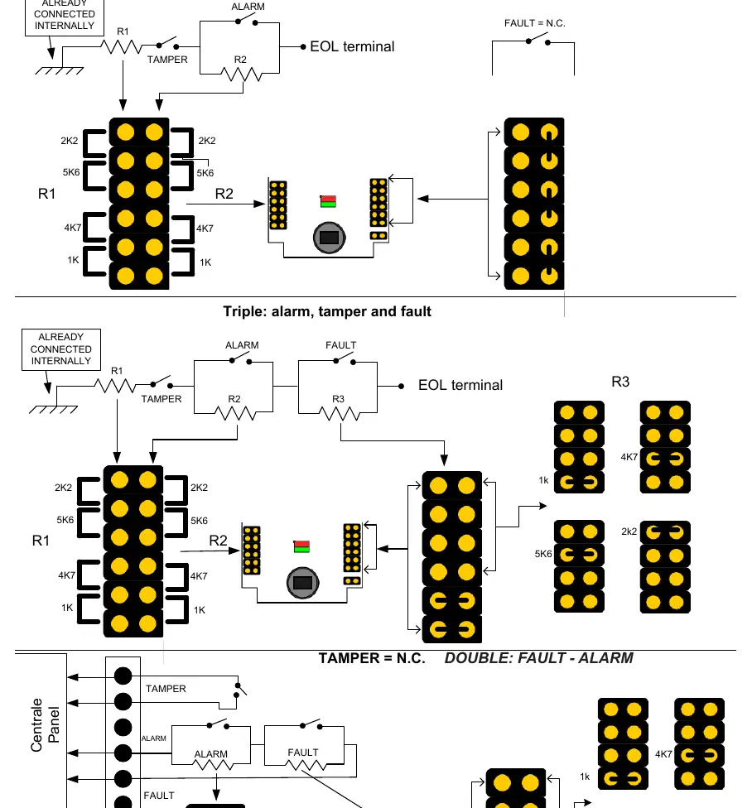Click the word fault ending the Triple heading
[416, 311]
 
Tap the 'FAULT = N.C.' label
[534, 23]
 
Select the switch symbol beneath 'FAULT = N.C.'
[538, 40]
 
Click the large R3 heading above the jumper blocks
[620, 382]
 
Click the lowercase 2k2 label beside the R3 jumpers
[629, 531]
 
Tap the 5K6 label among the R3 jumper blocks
[543, 554]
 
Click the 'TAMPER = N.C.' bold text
[372, 658]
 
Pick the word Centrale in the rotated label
[36, 725]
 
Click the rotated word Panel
[54, 725]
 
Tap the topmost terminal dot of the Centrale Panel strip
[123, 676]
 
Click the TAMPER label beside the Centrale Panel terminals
[166, 689]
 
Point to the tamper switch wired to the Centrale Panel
[239, 690]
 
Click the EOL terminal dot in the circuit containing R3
[401, 386]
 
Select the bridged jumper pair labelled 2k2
[665, 532]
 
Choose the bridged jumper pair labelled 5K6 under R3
[579, 555]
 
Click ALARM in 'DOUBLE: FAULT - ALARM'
[605, 658]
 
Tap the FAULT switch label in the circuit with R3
[340, 345]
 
